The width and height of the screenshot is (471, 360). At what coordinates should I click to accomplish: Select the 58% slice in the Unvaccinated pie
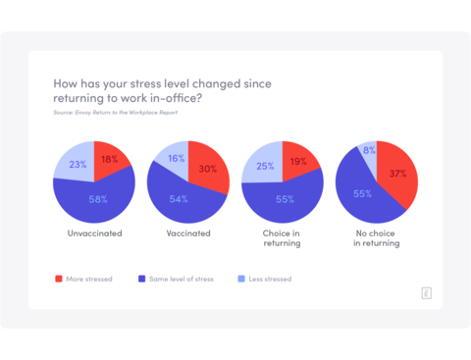[x=96, y=200]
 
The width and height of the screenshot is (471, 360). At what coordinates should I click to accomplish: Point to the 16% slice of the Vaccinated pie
[x=175, y=157]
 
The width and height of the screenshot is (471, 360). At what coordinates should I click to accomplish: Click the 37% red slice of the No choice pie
[x=397, y=174]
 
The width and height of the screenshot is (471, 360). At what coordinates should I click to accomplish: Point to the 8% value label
[x=369, y=151]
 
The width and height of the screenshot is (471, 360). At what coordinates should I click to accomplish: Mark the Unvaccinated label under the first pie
[x=94, y=235]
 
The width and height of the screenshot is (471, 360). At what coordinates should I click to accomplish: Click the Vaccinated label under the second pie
[x=187, y=235]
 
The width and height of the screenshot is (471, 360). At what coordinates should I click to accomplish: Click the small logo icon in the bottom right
[x=426, y=292]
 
